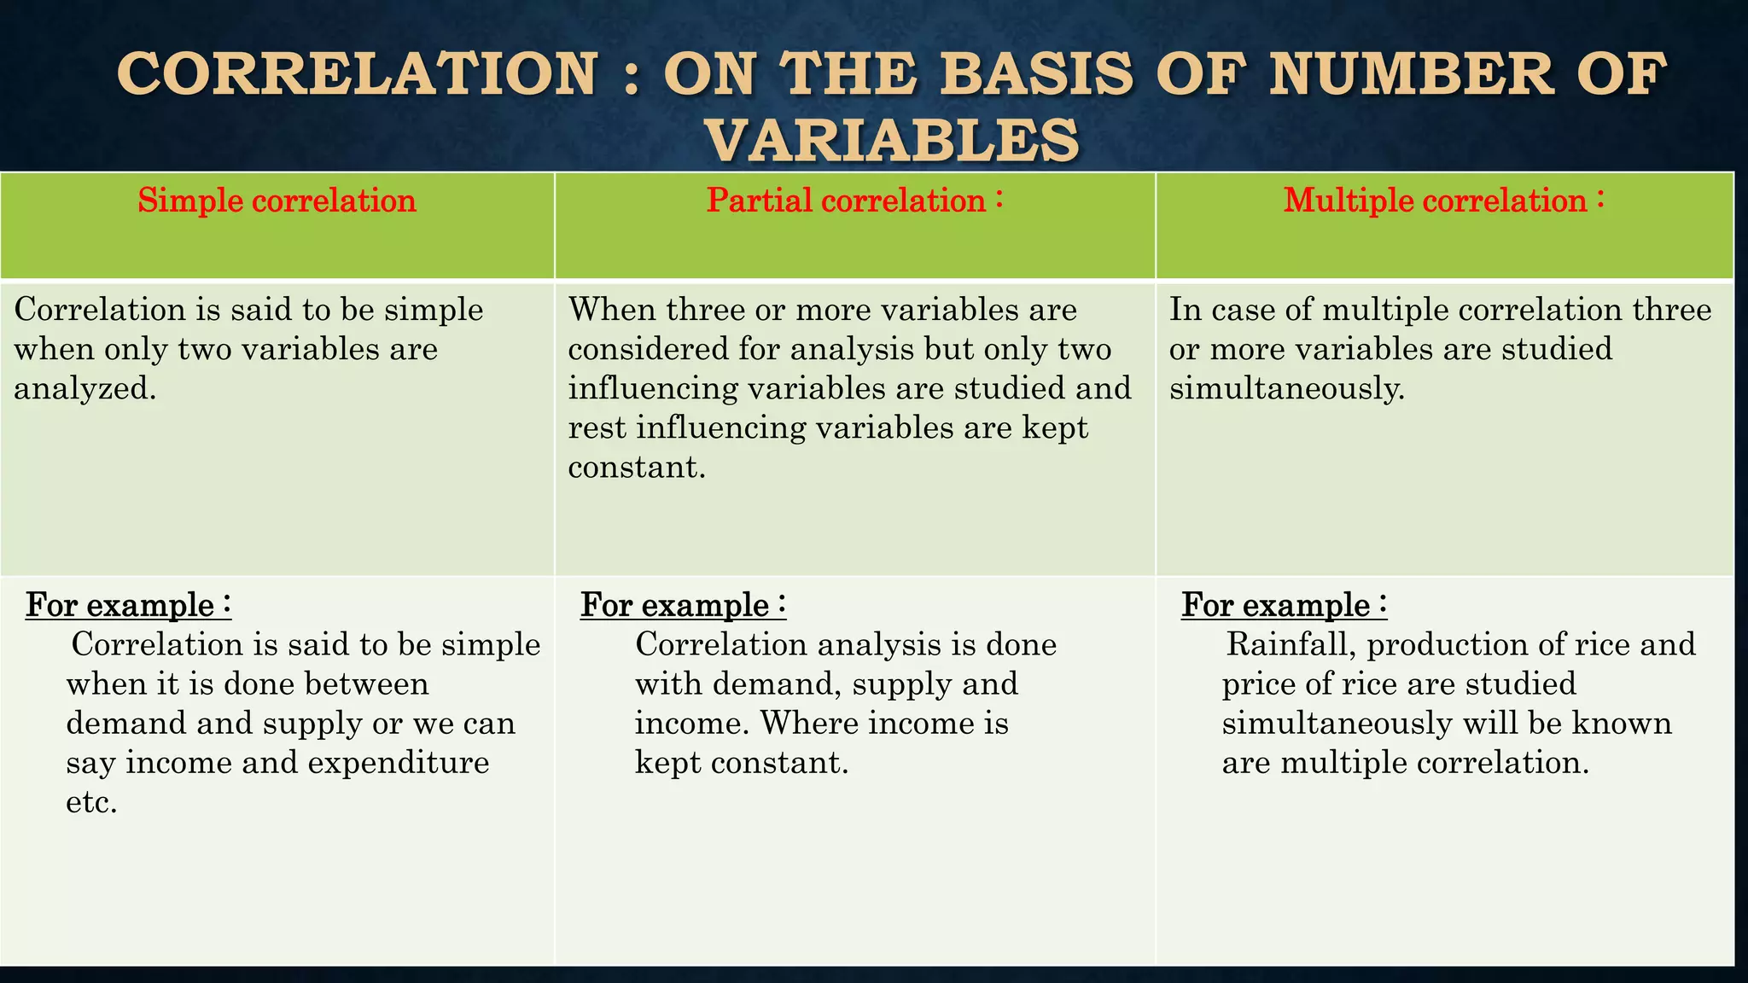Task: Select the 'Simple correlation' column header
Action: pos(277,201)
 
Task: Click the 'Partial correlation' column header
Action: pos(846,201)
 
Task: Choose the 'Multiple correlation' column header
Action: pos(1435,201)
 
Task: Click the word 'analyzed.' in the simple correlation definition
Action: pos(85,388)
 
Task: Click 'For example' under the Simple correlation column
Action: pos(119,605)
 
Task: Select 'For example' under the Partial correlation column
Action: pos(674,605)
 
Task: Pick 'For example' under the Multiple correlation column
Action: pos(1275,605)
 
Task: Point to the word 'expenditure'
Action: pos(399,762)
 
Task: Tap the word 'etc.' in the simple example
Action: pos(91,802)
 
